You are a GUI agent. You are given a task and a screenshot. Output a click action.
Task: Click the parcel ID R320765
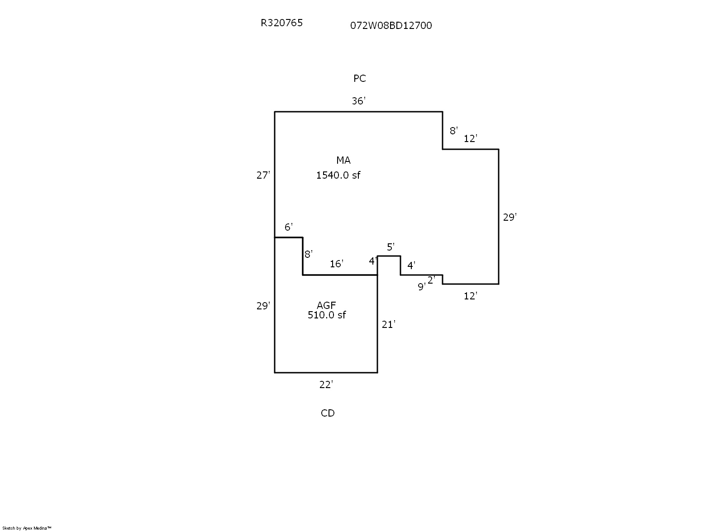coord(281,23)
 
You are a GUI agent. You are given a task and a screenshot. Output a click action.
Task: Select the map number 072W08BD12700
coord(391,25)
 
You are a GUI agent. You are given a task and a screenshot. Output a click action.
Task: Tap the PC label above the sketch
coord(359,79)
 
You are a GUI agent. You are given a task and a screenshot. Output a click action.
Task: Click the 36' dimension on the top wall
coord(358,101)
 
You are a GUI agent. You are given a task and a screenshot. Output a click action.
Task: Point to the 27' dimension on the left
coord(263,175)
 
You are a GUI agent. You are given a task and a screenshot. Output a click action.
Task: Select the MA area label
coord(343,161)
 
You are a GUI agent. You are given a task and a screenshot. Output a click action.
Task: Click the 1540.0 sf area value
coord(338,175)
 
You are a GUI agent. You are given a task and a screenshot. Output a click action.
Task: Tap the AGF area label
coord(326,306)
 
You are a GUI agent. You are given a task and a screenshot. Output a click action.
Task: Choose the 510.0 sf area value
coord(326,315)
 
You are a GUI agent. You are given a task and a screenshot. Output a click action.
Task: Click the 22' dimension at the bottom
coord(326,385)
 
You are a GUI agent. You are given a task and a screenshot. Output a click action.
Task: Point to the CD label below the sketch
coord(328,413)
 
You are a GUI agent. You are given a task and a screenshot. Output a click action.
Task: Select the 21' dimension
coord(388,324)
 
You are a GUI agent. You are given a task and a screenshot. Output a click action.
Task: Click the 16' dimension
coord(336,264)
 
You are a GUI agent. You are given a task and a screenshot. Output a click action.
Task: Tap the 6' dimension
coord(288,227)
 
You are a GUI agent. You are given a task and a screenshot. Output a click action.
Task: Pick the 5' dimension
coord(391,247)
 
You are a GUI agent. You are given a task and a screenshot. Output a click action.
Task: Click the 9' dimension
coord(421,287)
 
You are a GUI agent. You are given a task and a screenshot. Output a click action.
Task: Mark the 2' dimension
coord(431,280)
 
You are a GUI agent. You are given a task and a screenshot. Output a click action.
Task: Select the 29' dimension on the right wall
coord(510,218)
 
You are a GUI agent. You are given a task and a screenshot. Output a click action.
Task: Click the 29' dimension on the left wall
coord(263,306)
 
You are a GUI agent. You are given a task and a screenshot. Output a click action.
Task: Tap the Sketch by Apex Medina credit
coord(27,528)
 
